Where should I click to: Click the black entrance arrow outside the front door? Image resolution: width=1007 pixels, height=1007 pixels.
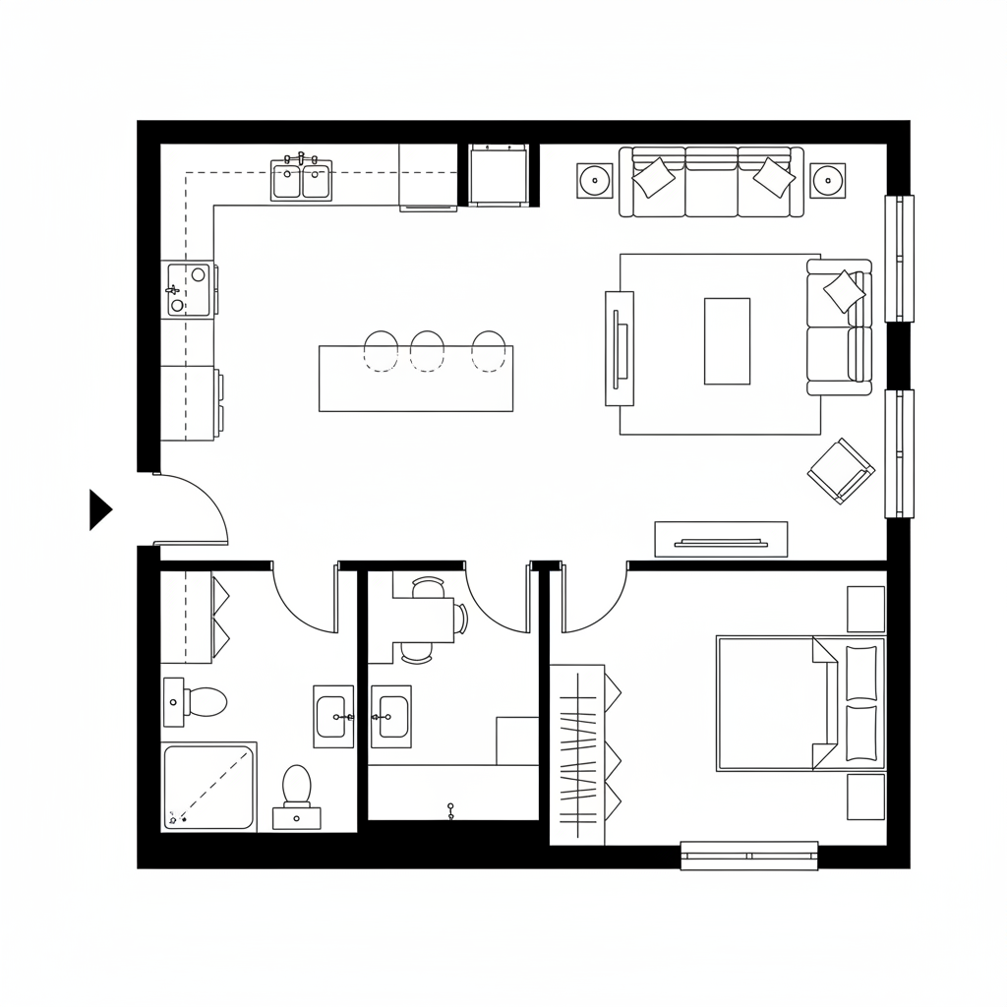point(99,509)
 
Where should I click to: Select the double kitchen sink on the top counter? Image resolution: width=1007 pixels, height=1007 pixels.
point(302,181)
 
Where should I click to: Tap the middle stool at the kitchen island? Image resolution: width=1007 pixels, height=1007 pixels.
point(428,350)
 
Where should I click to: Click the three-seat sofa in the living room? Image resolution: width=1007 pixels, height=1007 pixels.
point(711,182)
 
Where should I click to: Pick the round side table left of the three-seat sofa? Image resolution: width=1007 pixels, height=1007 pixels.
point(594,180)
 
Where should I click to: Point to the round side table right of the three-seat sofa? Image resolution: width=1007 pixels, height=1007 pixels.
point(828,180)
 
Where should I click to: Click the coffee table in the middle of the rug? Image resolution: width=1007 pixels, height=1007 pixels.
point(727,340)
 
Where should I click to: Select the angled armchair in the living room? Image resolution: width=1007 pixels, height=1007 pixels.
point(841,471)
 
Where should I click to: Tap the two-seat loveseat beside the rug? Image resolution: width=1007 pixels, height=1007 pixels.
point(839,326)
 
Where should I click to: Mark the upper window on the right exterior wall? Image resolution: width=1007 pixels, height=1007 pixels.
point(899,259)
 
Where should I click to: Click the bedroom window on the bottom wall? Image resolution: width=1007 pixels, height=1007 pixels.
point(749,855)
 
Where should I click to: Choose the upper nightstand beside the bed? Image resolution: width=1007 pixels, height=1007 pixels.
point(865,609)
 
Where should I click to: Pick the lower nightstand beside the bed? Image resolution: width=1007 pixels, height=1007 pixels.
point(865,797)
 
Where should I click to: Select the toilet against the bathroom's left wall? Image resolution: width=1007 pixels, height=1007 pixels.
point(198,701)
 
